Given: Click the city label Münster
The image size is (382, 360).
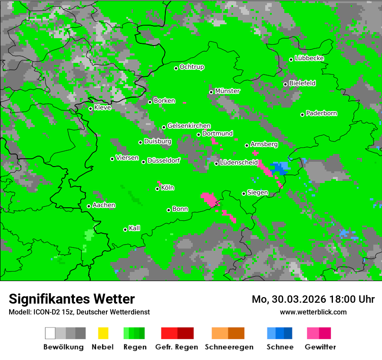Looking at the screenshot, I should (227, 91).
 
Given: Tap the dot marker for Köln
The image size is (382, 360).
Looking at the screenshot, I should (158, 189).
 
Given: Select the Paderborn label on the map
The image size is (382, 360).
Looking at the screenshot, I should (322, 114).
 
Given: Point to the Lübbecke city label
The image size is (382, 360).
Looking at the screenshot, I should (310, 59).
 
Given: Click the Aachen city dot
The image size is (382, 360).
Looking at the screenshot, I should (89, 206).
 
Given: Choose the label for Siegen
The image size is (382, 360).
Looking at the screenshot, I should (258, 193).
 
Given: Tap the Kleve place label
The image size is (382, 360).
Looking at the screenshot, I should (103, 108).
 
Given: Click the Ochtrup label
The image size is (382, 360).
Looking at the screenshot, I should (192, 67).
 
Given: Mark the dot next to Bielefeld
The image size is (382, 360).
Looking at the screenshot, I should (285, 84).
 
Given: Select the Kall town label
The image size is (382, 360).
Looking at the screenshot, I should (135, 228).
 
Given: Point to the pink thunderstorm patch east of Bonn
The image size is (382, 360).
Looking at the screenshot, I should (210, 199).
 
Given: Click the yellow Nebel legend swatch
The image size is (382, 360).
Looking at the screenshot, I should (103, 333).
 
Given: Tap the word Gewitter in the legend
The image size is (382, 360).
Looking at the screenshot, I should (320, 347).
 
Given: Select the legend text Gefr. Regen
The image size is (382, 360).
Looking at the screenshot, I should (177, 347).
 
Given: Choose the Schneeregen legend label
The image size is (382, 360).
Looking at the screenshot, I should (228, 347).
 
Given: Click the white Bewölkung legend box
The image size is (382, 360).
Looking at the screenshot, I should (50, 333).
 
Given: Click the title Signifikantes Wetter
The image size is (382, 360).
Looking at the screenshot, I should (72, 299).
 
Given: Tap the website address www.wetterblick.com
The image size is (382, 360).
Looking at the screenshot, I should (313, 312).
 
